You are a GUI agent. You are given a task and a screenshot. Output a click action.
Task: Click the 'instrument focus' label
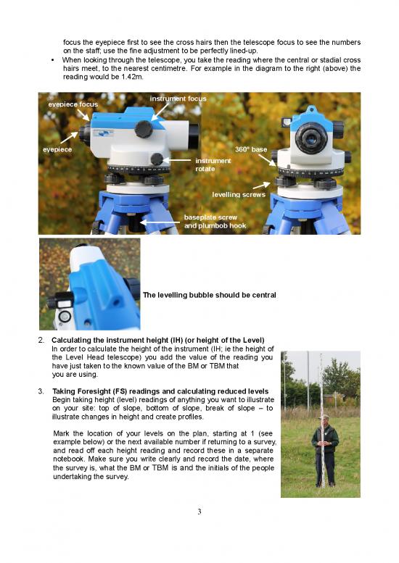coord(178,99)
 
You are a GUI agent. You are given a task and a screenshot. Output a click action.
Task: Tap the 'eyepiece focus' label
coord(73,104)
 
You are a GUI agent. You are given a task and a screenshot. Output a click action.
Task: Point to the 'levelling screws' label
coord(240,194)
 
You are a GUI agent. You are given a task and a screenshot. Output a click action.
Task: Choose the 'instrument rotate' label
coord(213,164)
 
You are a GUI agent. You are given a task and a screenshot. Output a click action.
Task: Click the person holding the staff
coord(324,449)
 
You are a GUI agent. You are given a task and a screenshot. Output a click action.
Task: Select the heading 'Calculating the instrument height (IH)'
coord(158,341)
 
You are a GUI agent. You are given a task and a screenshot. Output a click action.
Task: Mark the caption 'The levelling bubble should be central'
coord(210,296)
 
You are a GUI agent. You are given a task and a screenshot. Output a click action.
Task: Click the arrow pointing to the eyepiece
coord(69,136)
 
